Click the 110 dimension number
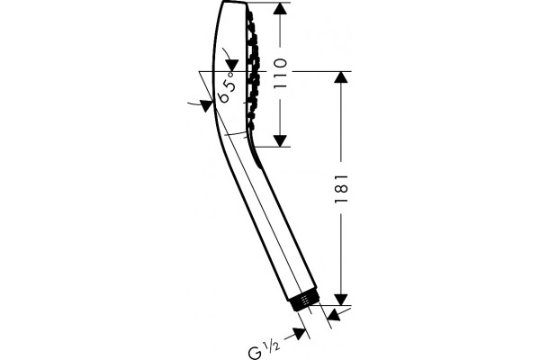(280, 74)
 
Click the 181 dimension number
(342, 189)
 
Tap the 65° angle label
(228, 87)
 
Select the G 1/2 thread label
(264, 348)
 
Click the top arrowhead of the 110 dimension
(280, 8)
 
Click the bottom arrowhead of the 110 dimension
(280, 141)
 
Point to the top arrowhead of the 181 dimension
(341, 77)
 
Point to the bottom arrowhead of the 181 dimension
(341, 300)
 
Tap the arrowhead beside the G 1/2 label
(300, 333)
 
